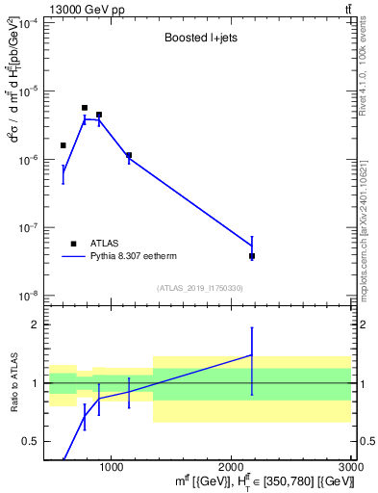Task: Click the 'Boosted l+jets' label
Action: point(198,39)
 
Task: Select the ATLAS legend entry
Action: point(103,244)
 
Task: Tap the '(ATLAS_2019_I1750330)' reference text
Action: point(199,288)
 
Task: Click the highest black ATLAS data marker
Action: point(85,108)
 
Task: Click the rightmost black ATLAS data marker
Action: point(252,256)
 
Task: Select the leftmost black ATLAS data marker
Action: point(63,145)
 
